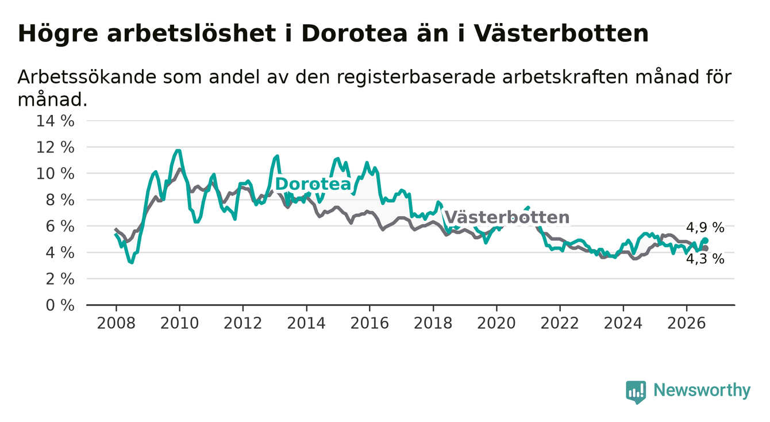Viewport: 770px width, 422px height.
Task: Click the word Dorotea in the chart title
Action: tap(354, 34)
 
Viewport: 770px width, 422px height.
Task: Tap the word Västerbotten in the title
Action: tap(561, 34)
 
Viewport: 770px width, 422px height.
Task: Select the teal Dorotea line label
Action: tap(313, 184)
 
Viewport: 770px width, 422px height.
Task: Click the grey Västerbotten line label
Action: tap(507, 217)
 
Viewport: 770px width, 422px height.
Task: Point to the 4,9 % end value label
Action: tap(705, 228)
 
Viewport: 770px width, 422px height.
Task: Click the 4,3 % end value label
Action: tap(705, 259)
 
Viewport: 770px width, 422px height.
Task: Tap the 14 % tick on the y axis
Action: tap(55, 121)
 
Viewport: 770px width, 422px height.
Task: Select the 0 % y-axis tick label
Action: tap(60, 305)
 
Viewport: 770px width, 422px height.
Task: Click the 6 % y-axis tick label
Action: tap(60, 227)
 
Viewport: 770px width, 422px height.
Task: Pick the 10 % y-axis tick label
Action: tap(55, 174)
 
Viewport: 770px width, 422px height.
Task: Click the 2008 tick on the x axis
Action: tap(116, 323)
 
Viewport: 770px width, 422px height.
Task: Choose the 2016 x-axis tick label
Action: tap(369, 323)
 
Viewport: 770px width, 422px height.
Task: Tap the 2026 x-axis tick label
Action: tap(687, 323)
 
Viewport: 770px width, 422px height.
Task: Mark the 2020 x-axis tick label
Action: tap(496, 323)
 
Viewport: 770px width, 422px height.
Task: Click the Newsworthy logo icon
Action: tap(636, 392)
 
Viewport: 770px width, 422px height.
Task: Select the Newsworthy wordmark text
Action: tap(702, 390)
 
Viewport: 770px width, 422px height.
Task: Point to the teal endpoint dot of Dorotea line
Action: tap(706, 240)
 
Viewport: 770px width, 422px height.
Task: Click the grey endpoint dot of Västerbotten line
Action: tap(706, 248)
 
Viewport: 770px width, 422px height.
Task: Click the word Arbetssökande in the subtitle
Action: tap(87, 76)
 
